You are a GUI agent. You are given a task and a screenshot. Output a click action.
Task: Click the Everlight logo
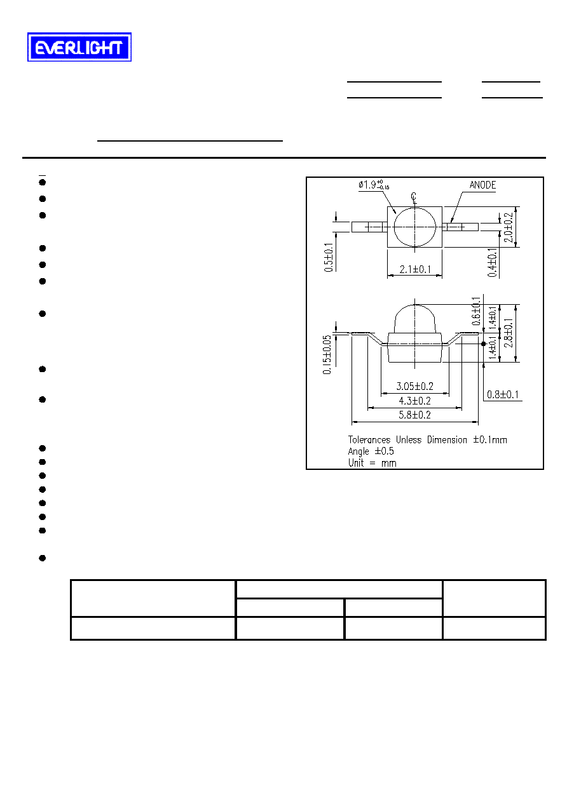point(79,47)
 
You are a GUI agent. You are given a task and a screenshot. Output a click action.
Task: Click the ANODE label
point(482,185)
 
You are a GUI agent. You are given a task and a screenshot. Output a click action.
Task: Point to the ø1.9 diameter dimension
point(374,185)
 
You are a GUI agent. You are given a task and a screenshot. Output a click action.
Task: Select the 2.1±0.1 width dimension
point(415,269)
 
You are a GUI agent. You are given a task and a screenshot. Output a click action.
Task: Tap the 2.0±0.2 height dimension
point(509,227)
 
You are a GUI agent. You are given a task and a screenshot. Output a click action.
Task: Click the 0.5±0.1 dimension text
point(328,257)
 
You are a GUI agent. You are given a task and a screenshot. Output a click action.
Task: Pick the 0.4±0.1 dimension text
point(492,262)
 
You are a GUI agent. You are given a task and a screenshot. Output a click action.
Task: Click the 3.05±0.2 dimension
point(414,386)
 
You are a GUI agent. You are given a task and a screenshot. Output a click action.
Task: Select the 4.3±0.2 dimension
point(414,401)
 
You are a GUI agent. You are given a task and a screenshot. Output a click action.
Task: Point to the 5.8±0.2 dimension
point(414,415)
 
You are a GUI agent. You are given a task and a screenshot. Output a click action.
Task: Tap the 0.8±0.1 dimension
point(503,394)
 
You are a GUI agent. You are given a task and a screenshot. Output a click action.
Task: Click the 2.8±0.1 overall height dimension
point(509,333)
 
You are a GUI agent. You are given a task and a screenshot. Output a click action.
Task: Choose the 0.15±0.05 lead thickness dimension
point(327,355)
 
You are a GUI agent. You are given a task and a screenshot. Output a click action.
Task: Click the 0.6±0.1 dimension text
point(476,311)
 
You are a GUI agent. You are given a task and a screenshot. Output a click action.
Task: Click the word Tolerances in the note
point(369,439)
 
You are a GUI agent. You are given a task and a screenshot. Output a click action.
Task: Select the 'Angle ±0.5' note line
point(371,451)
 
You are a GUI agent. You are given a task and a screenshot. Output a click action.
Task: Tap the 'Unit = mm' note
point(372,463)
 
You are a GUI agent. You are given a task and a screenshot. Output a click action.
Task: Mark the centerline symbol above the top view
point(414,198)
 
